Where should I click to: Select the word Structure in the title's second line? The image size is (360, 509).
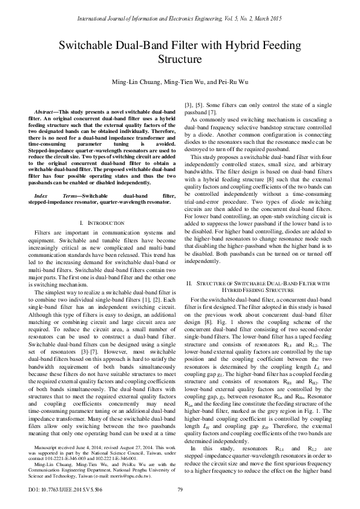[x=180, y=59]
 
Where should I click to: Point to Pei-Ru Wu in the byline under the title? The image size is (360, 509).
[x=234, y=82]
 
